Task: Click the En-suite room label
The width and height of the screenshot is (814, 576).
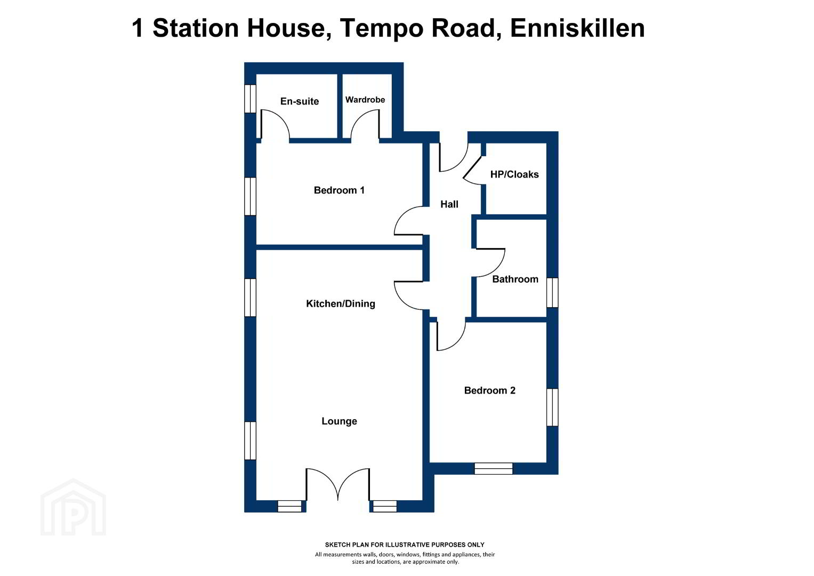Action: point(300,101)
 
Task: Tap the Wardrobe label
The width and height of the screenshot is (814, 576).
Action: point(365,100)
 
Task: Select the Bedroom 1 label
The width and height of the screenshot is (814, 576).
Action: point(339,190)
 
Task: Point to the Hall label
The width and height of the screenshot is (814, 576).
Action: point(449,204)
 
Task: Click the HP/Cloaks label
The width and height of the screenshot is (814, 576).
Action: point(514,174)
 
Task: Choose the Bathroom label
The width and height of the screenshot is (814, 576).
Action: point(515,279)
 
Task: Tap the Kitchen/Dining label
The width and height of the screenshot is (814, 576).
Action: point(341,303)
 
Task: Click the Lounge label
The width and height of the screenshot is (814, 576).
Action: point(339,421)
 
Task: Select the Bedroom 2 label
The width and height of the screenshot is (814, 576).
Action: point(489,390)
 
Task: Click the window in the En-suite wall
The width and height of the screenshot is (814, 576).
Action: point(250,99)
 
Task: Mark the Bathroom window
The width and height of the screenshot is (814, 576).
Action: point(552,293)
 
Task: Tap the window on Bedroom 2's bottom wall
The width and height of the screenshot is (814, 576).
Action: point(494,468)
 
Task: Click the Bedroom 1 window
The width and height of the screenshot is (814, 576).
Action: point(250,196)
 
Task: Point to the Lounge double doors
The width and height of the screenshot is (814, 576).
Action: point(338,485)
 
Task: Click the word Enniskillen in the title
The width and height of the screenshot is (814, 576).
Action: point(577,28)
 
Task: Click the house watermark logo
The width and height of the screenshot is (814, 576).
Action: point(73,507)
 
